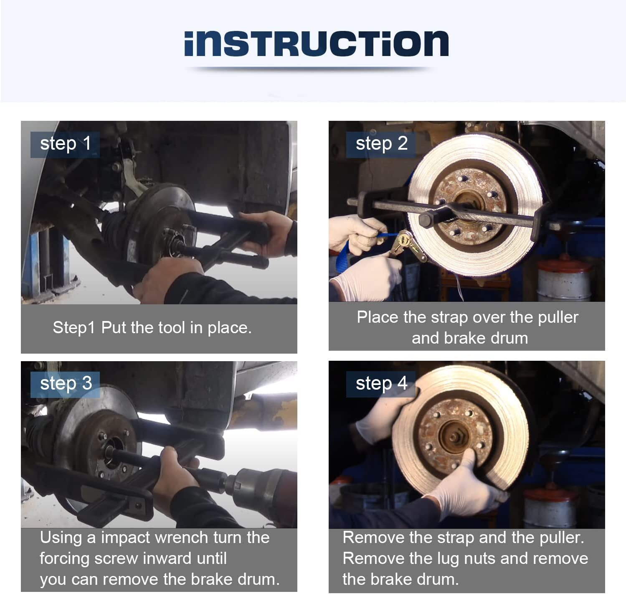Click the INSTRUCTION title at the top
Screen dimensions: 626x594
(316, 43)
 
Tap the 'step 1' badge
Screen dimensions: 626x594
(65, 145)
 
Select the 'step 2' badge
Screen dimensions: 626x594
(381, 145)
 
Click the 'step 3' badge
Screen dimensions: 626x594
(65, 384)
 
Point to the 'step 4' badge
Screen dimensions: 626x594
(381, 384)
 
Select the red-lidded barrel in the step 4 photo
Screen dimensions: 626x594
(551, 507)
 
